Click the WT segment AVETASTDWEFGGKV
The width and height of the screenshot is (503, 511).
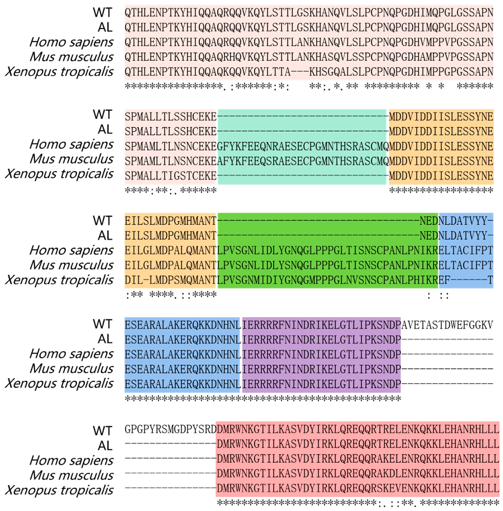[447, 325]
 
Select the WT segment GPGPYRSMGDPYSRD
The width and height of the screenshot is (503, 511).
[170, 429]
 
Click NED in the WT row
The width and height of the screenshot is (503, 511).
[429, 221]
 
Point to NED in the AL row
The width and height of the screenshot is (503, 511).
[429, 236]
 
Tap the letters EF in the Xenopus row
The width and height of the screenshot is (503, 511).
[444, 280]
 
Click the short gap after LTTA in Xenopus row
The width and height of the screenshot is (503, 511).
[300, 72]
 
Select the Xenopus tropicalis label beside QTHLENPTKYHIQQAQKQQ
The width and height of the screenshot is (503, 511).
[59, 72]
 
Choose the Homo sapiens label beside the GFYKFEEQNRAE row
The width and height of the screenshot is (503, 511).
[71, 145]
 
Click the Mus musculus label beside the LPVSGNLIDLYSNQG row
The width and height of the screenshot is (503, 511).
[71, 265]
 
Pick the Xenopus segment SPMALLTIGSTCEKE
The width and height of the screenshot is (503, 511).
[170, 176]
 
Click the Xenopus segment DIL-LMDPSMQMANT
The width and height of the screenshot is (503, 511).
[170, 280]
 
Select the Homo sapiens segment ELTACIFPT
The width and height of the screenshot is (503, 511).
[466, 250]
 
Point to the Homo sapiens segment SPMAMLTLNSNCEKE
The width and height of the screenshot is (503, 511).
[170, 146]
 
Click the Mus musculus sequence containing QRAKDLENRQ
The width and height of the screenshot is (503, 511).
[358, 474]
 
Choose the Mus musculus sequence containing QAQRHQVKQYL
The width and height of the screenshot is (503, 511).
[309, 57]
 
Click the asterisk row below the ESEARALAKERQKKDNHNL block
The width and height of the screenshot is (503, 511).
[263, 399]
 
